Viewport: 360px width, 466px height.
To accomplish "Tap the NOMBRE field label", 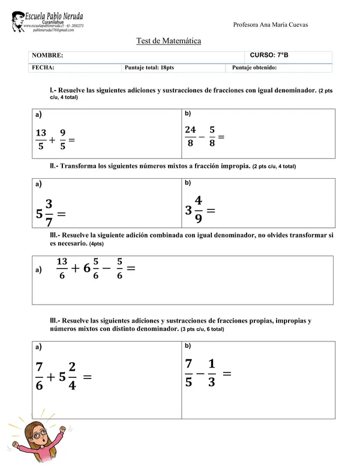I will pos(47,55).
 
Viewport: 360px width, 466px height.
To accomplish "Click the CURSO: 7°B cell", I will pos(269,55).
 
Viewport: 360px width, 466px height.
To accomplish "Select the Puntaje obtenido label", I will pos(254,68).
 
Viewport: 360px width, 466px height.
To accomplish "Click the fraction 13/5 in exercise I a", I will pos(41,139).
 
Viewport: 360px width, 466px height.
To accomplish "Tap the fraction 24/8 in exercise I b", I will pos(190,136).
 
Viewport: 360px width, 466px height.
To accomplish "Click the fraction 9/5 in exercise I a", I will pos(62,139).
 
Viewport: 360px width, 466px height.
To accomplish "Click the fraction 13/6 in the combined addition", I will pos(62,267).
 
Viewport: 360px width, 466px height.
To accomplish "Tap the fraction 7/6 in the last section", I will pos(40,376).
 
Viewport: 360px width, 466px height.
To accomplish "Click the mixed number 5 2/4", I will pos(67,377).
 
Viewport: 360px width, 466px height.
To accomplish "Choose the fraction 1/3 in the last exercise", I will pos(211,372).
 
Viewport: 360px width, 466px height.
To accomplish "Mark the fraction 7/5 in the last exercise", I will pos(188,372).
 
